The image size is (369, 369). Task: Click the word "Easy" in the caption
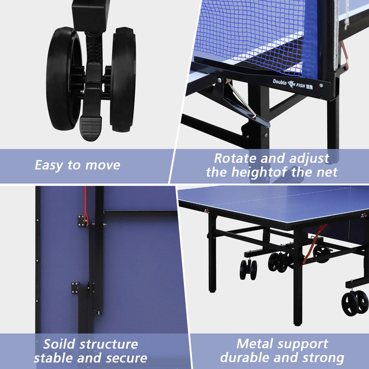tap(49, 165)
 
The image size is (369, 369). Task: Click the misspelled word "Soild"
tap(60, 344)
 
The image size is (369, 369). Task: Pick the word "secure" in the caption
tap(126, 358)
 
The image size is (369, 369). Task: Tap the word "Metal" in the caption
tap(255, 344)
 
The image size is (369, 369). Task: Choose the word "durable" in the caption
tap(245, 358)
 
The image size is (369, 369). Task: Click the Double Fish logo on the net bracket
tap(293, 84)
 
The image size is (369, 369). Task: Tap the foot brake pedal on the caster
tap(90, 128)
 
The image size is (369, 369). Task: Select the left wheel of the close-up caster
tap(63, 78)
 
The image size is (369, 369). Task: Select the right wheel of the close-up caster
tap(123, 79)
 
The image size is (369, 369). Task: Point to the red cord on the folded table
tap(86, 206)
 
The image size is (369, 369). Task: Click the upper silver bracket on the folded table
tap(82, 221)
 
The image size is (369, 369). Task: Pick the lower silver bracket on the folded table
tap(75, 288)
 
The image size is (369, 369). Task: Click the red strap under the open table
tap(315, 244)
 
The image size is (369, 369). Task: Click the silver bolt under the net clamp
tap(220, 80)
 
